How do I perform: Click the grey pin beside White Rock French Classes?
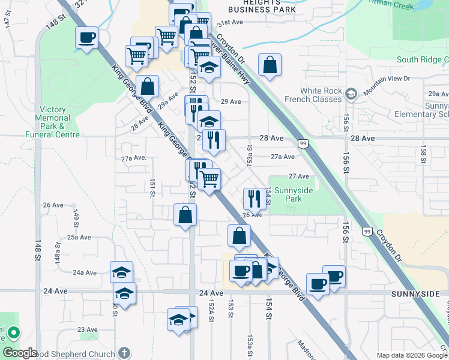coord(351,93)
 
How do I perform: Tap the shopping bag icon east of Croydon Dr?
coord(270,65)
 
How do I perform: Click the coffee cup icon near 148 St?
coord(86,38)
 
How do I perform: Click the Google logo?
coord(20,353)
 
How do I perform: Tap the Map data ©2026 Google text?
coord(411,355)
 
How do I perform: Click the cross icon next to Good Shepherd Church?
coord(124,352)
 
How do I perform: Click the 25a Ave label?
coord(79,238)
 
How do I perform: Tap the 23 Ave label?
coord(87,329)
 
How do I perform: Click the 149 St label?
coord(76,215)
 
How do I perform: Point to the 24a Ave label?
coord(85,272)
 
